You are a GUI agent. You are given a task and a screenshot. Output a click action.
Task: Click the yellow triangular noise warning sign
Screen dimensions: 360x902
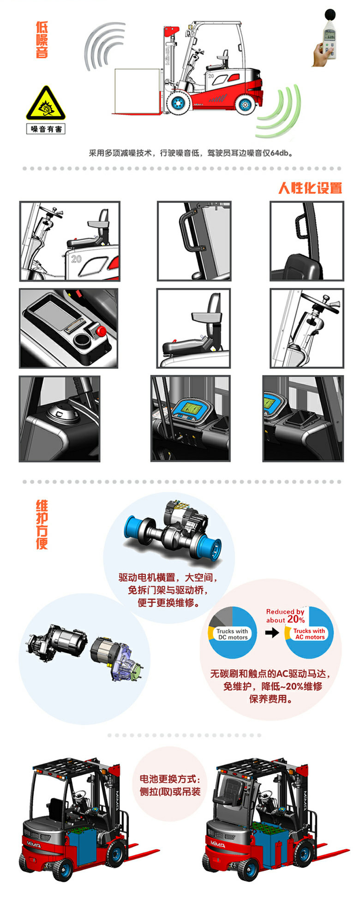45,103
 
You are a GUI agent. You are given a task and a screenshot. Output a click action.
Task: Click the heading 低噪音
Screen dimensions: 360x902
42,40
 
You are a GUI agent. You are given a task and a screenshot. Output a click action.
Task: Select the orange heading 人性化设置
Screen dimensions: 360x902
310,188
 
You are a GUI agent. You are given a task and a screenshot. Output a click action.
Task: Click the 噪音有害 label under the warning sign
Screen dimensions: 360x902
46,129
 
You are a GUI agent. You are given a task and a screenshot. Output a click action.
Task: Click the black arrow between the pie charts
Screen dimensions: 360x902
272,632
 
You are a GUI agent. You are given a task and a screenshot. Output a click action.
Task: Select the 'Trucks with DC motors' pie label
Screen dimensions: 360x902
233,634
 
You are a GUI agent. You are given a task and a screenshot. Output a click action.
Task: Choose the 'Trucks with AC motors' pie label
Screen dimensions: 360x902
309,634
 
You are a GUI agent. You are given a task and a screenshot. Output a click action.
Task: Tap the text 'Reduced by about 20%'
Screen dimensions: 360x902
285,616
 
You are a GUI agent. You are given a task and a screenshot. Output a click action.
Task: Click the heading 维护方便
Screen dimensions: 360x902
42,525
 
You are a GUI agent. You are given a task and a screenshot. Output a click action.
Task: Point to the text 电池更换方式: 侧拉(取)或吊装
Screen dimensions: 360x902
170,785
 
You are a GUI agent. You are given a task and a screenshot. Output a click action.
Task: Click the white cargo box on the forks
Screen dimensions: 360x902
137,90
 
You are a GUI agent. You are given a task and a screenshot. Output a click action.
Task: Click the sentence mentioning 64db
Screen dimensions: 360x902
191,153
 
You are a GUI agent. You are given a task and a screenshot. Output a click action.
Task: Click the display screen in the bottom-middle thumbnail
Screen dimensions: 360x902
190,408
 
